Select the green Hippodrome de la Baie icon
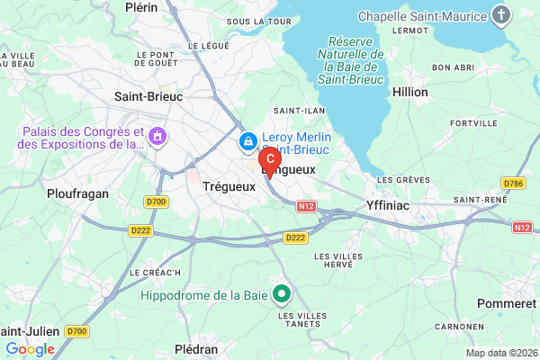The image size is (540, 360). tap(282, 293)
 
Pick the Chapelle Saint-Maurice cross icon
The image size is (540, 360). tap(502, 15)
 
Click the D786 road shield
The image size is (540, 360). tap(514, 184)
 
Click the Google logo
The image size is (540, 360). tap(30, 349)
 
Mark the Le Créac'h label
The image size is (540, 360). tap(155, 272)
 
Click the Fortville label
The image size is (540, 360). tap(473, 123)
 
